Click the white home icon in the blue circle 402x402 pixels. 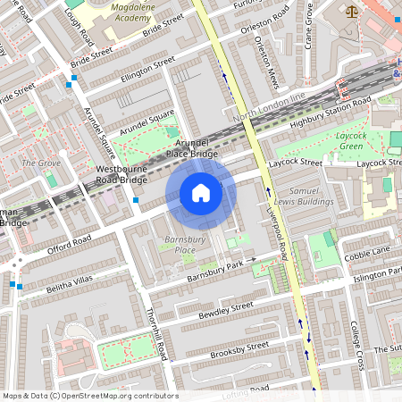click(201, 193)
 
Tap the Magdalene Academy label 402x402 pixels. click(124, 12)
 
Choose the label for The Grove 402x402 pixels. click(40, 163)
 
